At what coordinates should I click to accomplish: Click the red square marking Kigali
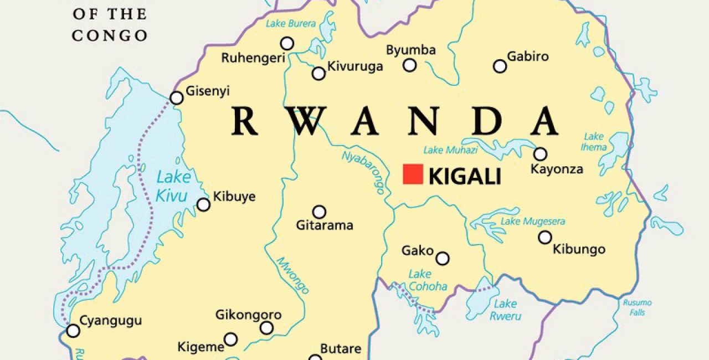coord(413,174)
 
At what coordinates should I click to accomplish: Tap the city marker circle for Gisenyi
coord(177,98)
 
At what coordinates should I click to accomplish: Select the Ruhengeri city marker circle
coord(287,43)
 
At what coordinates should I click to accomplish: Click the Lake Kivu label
coord(172,186)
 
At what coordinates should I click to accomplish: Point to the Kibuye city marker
coord(204,205)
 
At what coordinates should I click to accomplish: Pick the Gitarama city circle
coord(319,212)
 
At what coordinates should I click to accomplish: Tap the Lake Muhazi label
coord(450,150)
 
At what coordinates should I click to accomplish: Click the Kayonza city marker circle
coord(540,154)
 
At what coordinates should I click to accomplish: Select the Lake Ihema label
coord(594,142)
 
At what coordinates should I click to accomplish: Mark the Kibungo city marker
coord(545,238)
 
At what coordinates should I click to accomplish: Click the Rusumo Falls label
coord(637,307)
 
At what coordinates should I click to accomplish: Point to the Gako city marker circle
coord(442,259)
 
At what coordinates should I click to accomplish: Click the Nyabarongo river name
coord(363,172)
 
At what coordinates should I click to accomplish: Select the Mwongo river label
coord(292,275)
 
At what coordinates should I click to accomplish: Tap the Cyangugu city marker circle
coord(73,331)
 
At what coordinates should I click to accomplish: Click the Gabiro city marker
coord(500,66)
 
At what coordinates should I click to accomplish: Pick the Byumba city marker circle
coord(409,65)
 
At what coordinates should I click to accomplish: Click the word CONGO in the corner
coord(110,35)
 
